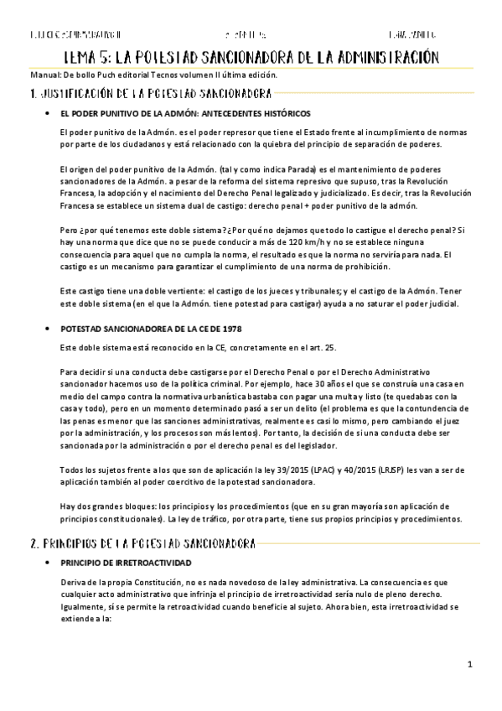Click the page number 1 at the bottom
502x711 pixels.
click(471, 666)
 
